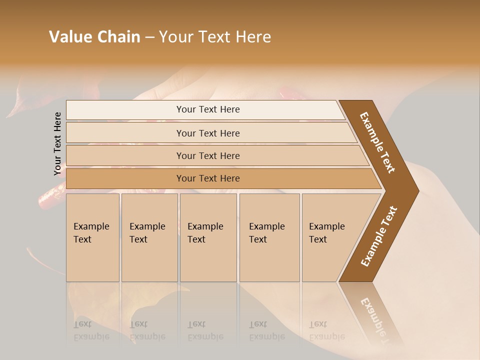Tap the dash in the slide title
(149, 37)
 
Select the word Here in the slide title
(253, 37)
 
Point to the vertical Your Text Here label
(57, 143)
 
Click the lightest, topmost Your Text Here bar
(208, 109)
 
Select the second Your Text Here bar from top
(208, 133)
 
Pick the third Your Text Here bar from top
(208, 155)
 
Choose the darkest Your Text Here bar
(208, 178)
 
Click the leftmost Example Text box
(92, 237)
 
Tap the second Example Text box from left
(149, 237)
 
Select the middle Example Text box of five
(208, 237)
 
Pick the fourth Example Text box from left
(269, 237)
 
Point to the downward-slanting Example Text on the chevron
(377, 142)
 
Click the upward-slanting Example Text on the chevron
(378, 236)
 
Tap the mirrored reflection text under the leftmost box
(91, 330)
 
